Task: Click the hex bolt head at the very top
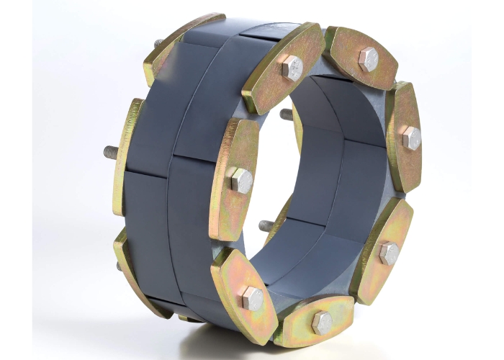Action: pos(368,58)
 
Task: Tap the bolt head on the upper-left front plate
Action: pos(292,68)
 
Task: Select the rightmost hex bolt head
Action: pos(411,138)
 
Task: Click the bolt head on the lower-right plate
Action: pos(389,252)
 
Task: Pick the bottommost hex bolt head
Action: pos(321,323)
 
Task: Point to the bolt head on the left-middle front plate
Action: pos(241,180)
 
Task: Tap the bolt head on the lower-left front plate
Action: pos(252,297)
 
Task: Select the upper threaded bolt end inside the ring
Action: pos(286,114)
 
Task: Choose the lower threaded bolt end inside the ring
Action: pos(265,225)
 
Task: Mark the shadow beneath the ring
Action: pos(216,338)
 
